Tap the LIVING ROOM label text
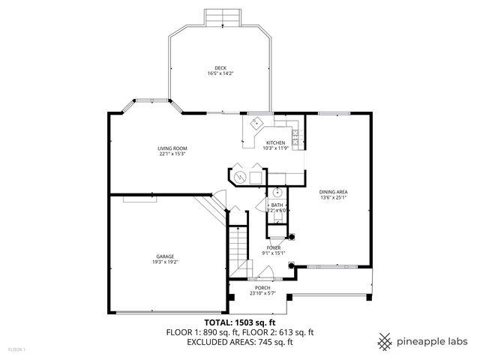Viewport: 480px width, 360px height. pyautogui.click(x=172, y=148)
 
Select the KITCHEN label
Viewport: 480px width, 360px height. pyautogui.click(x=275, y=142)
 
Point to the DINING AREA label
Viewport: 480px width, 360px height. pyautogui.click(x=334, y=192)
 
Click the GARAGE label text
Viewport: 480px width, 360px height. pyautogui.click(x=165, y=256)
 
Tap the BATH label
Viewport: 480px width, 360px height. pyautogui.click(x=277, y=205)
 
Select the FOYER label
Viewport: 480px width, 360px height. pyautogui.click(x=274, y=247)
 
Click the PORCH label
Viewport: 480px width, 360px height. pyautogui.click(x=262, y=288)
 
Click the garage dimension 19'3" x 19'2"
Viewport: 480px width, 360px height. pyautogui.click(x=165, y=261)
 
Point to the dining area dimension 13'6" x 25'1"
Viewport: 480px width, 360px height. pyautogui.click(x=334, y=197)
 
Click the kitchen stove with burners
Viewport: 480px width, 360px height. pyautogui.click(x=296, y=136)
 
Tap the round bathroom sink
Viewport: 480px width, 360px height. pyautogui.click(x=276, y=191)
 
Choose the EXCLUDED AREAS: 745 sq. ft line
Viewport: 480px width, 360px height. pyautogui.click(x=240, y=341)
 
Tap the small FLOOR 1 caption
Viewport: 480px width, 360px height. pyautogui.click(x=16, y=349)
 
